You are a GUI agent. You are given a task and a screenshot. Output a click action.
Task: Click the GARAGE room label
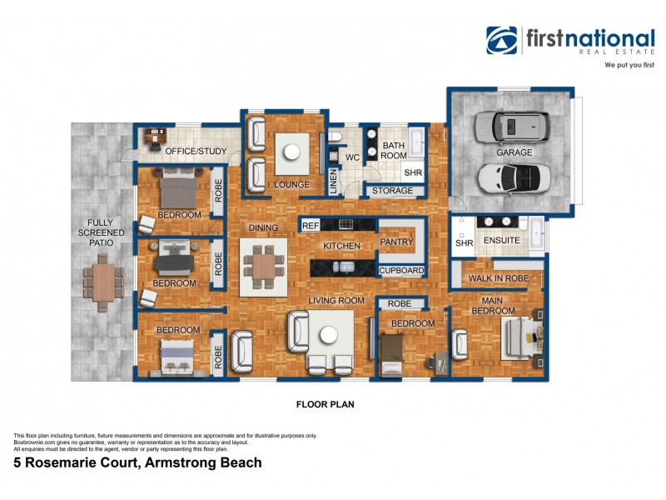coord(514,153)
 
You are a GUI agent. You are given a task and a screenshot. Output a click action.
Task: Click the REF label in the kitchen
coord(311,225)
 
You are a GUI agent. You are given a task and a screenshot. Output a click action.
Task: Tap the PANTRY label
coord(396,242)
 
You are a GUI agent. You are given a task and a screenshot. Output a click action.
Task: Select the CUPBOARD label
coord(402,270)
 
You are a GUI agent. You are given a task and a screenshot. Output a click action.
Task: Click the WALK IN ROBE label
coord(497,278)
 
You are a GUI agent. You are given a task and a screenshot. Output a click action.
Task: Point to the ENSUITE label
coord(501,241)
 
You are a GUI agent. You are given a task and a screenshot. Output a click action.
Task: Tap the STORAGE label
coord(392,191)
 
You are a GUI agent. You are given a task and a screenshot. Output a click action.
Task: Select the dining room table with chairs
coord(263,267)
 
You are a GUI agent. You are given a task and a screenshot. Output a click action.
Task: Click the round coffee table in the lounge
coord(292,152)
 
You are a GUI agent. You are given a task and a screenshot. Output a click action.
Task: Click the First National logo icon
coord(502,40)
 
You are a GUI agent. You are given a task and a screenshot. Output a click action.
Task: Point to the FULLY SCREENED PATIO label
coord(104,234)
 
